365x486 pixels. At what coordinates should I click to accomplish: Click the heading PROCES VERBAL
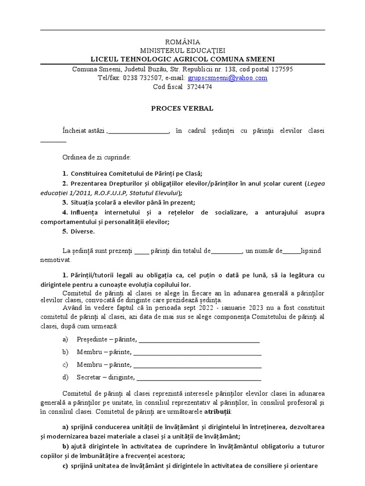(x=182, y=108)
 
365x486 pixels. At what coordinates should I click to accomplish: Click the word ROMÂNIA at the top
(x=182, y=42)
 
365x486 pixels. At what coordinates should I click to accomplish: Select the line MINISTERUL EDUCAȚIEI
(x=182, y=50)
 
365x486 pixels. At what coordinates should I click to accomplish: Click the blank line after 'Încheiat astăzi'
(x=139, y=131)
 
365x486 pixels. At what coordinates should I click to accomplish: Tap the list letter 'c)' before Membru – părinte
(x=66, y=365)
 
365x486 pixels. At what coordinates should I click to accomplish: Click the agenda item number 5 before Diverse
(x=65, y=232)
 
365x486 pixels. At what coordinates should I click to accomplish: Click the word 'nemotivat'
(x=55, y=260)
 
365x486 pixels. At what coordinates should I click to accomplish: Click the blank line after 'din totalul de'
(x=227, y=251)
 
